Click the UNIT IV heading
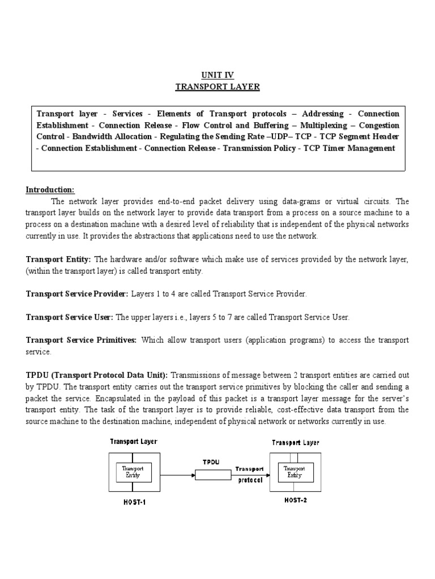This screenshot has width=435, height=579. coord(217,75)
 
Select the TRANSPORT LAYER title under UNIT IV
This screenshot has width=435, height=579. coord(217,87)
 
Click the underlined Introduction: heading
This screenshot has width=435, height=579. coord(50,189)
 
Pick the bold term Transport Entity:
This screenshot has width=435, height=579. coord(58,260)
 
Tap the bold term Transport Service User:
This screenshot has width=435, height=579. coord(70,317)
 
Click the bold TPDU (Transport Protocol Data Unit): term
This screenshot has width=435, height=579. coord(97,375)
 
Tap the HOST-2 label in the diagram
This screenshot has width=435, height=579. coord(295,499)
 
